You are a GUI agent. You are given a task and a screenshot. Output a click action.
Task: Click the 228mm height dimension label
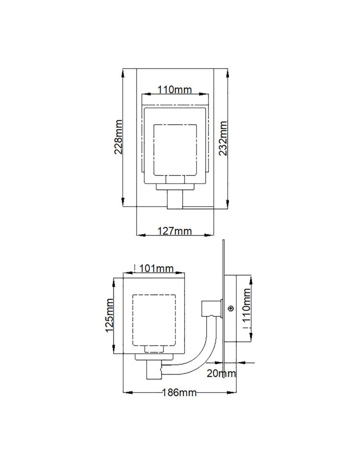tap(118, 137)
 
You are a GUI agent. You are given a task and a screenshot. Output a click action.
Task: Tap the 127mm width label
tap(174, 231)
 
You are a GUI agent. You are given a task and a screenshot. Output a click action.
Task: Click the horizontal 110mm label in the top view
tap(174, 90)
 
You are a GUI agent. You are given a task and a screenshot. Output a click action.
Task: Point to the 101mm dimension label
tap(156, 268)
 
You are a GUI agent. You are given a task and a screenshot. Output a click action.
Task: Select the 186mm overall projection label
tap(179, 392)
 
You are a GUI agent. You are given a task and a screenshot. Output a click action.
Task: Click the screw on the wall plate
tap(230, 307)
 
